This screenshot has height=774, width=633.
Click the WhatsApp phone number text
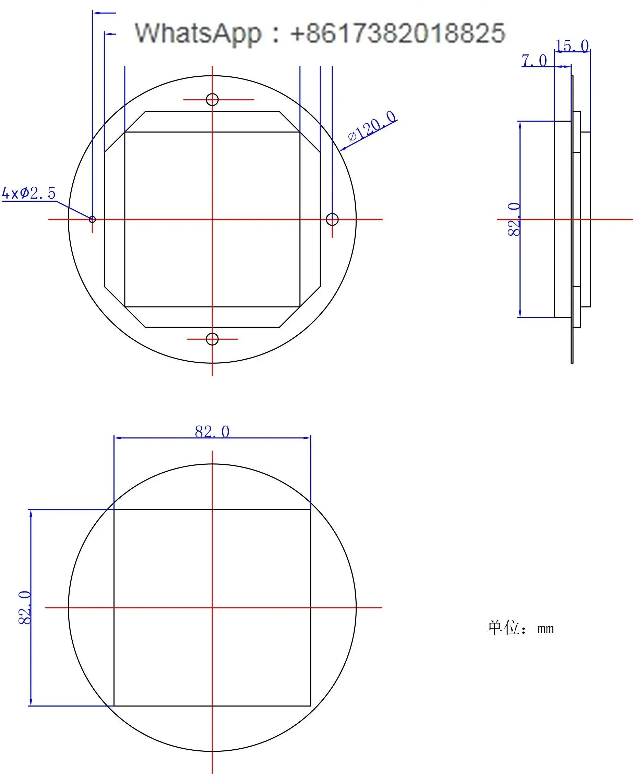point(398,33)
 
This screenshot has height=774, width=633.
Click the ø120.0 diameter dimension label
point(372,126)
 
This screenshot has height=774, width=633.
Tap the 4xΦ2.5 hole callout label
point(29,193)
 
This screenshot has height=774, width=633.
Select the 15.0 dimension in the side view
point(572,46)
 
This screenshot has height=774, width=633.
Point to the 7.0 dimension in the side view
point(534,61)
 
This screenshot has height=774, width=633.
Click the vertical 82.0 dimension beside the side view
point(514,219)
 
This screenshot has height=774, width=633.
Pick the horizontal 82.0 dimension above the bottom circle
point(212,432)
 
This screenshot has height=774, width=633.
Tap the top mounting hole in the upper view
point(212,99)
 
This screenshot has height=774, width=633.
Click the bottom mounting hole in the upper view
point(212,339)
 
